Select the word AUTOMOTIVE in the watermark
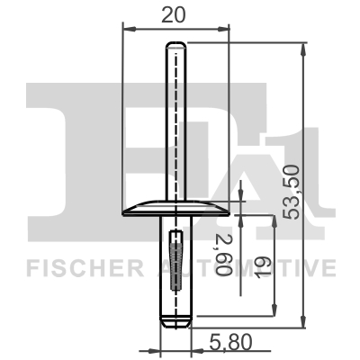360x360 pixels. pyautogui.click(x=261, y=267)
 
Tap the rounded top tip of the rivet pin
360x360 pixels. pyautogui.click(x=175, y=45)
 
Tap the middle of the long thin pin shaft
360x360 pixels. pyautogui.click(x=175, y=126)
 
